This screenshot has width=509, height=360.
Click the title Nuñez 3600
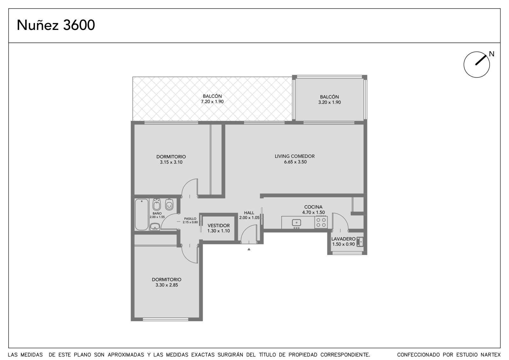pos(56,25)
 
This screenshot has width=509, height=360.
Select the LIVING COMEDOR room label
pos(295,156)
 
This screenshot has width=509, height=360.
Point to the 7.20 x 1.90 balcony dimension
pos(212,102)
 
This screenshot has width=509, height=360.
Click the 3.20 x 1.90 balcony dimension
pos(330,102)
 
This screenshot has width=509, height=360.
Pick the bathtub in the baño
pos(142,215)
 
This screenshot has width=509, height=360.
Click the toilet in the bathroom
pos(169,204)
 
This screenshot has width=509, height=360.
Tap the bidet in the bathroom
pos(157,204)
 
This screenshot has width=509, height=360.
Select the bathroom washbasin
pos(155,227)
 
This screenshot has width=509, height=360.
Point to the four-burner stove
pos(321,222)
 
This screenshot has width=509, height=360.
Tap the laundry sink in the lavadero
pos(360,242)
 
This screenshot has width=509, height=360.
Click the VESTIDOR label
pos(219,226)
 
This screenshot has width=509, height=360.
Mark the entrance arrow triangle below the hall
pos(249,249)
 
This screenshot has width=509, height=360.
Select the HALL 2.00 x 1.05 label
pos(249,215)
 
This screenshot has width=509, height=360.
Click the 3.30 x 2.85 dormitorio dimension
pos(167,285)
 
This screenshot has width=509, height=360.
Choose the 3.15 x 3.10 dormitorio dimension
pos(171,162)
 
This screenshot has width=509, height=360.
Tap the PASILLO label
pos(190,219)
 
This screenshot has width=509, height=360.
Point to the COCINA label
pos(313,207)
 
